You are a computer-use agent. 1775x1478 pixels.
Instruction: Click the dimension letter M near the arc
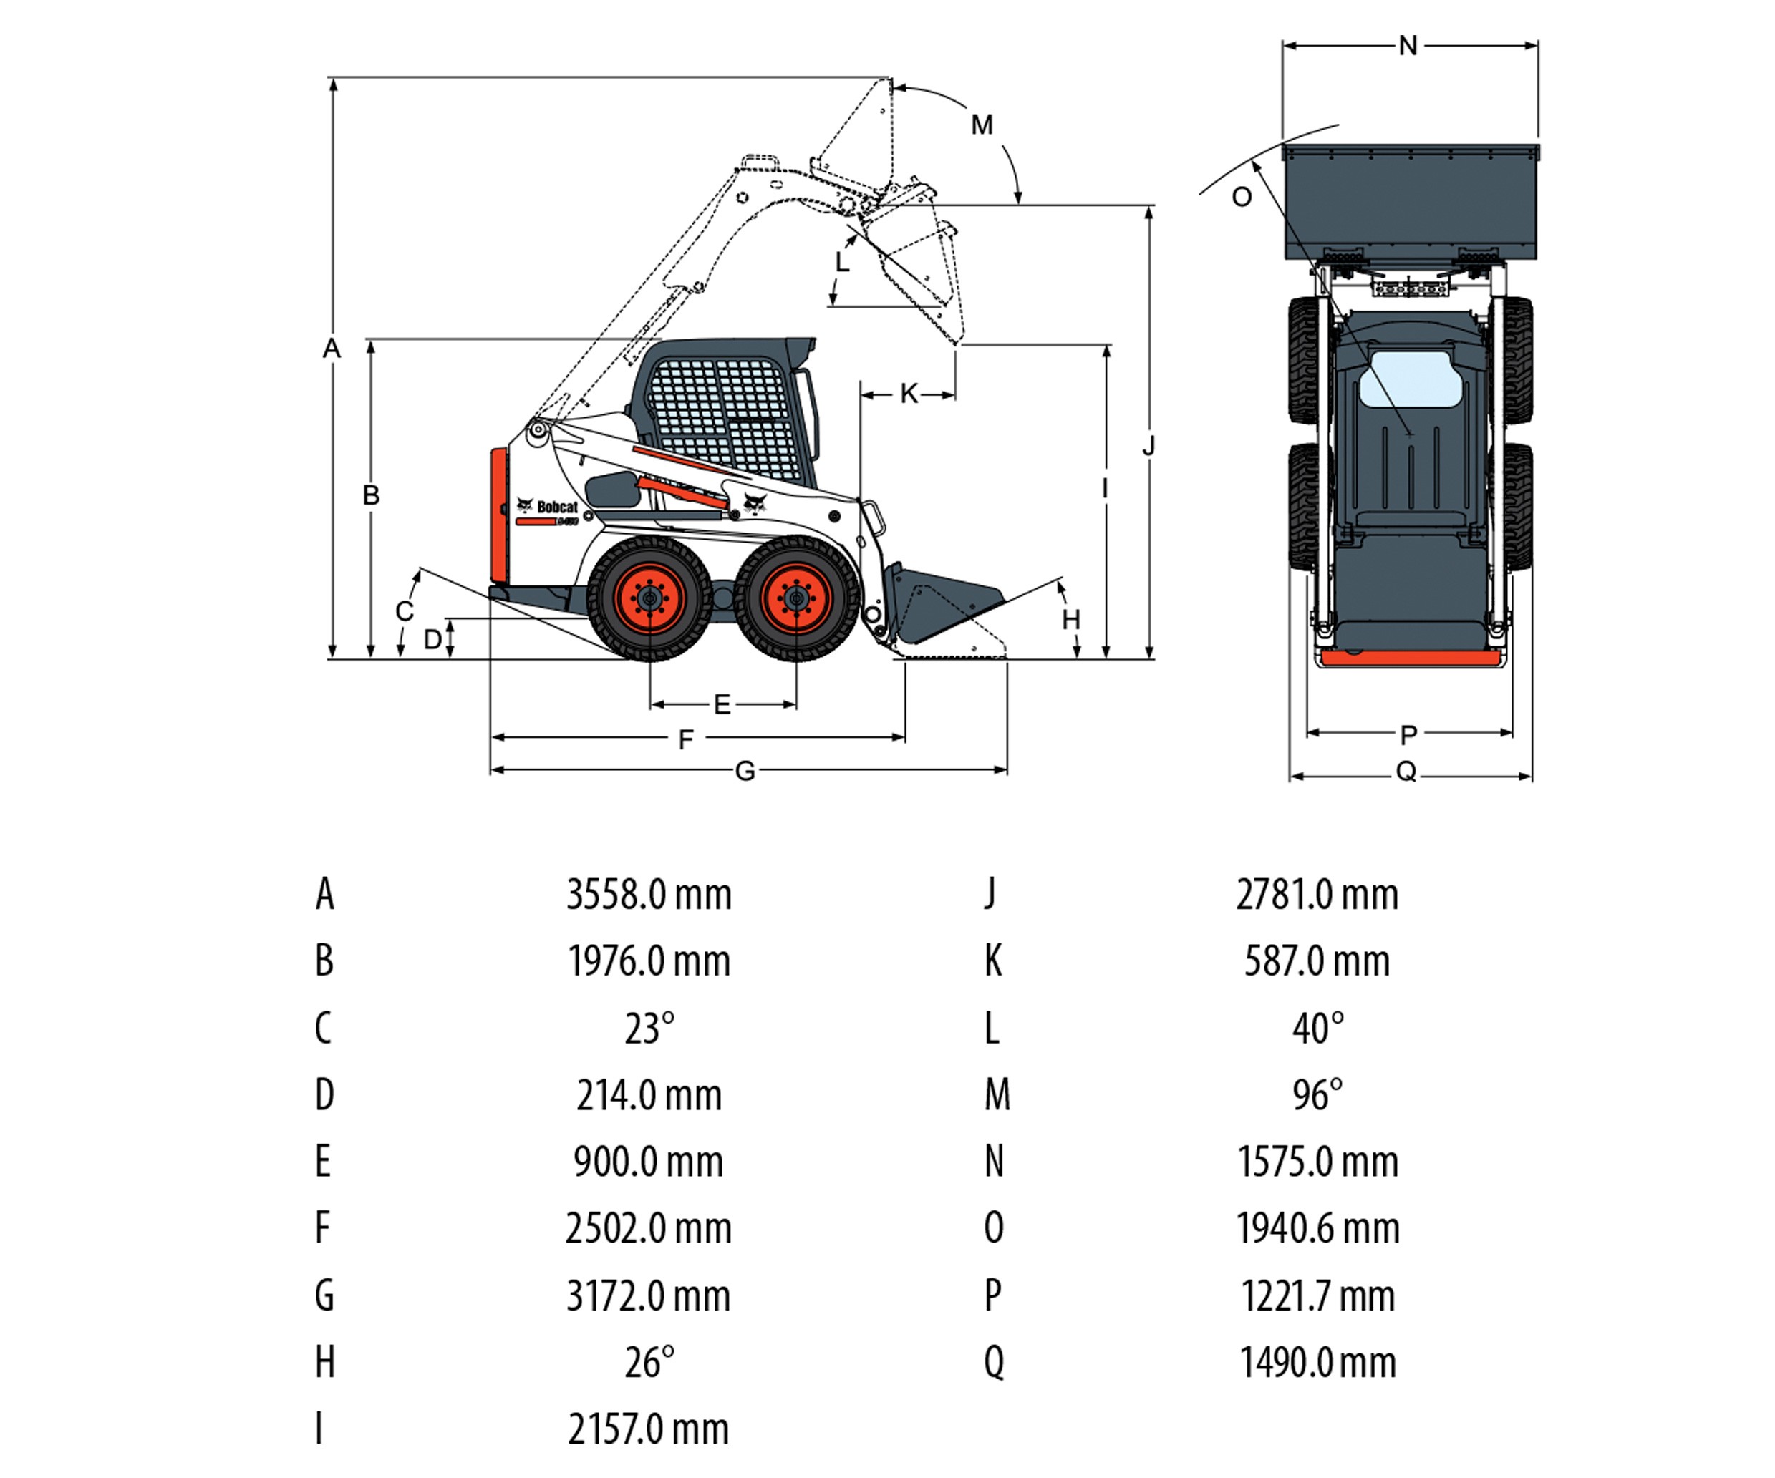(x=982, y=125)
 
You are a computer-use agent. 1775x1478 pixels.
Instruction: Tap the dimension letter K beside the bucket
(x=909, y=393)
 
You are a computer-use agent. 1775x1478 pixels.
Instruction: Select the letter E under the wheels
(x=722, y=704)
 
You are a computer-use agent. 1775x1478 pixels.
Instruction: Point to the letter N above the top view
(x=1407, y=46)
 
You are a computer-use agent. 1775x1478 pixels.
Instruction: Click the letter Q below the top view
(x=1406, y=771)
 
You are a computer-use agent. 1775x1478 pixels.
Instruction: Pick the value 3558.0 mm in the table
(x=648, y=894)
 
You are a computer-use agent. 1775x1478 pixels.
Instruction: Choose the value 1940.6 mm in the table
(x=1317, y=1228)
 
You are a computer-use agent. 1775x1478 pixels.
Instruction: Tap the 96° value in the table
(x=1317, y=1094)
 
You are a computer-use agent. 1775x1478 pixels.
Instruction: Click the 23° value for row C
(x=648, y=1029)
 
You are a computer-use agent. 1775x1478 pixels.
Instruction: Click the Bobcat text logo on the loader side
(x=556, y=507)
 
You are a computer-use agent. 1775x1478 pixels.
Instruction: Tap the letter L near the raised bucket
(x=842, y=263)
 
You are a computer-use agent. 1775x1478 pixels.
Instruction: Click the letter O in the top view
(x=1241, y=198)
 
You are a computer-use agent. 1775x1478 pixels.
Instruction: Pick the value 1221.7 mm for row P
(x=1317, y=1295)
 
